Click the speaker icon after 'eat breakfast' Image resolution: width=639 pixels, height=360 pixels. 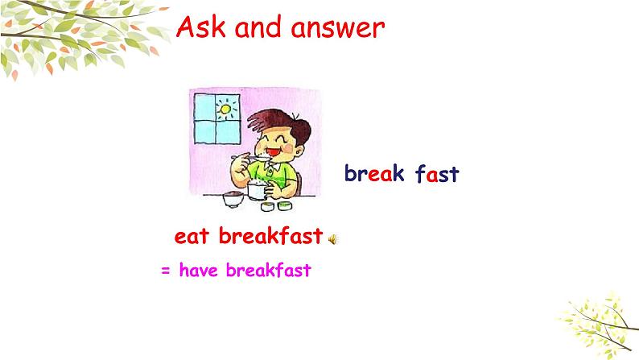point(332,238)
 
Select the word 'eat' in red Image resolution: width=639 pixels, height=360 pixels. point(192,237)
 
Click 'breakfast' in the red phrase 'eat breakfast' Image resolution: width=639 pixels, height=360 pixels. point(270,237)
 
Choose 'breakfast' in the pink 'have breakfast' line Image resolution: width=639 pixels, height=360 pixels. point(268,271)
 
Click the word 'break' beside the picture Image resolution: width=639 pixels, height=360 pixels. point(374,174)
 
